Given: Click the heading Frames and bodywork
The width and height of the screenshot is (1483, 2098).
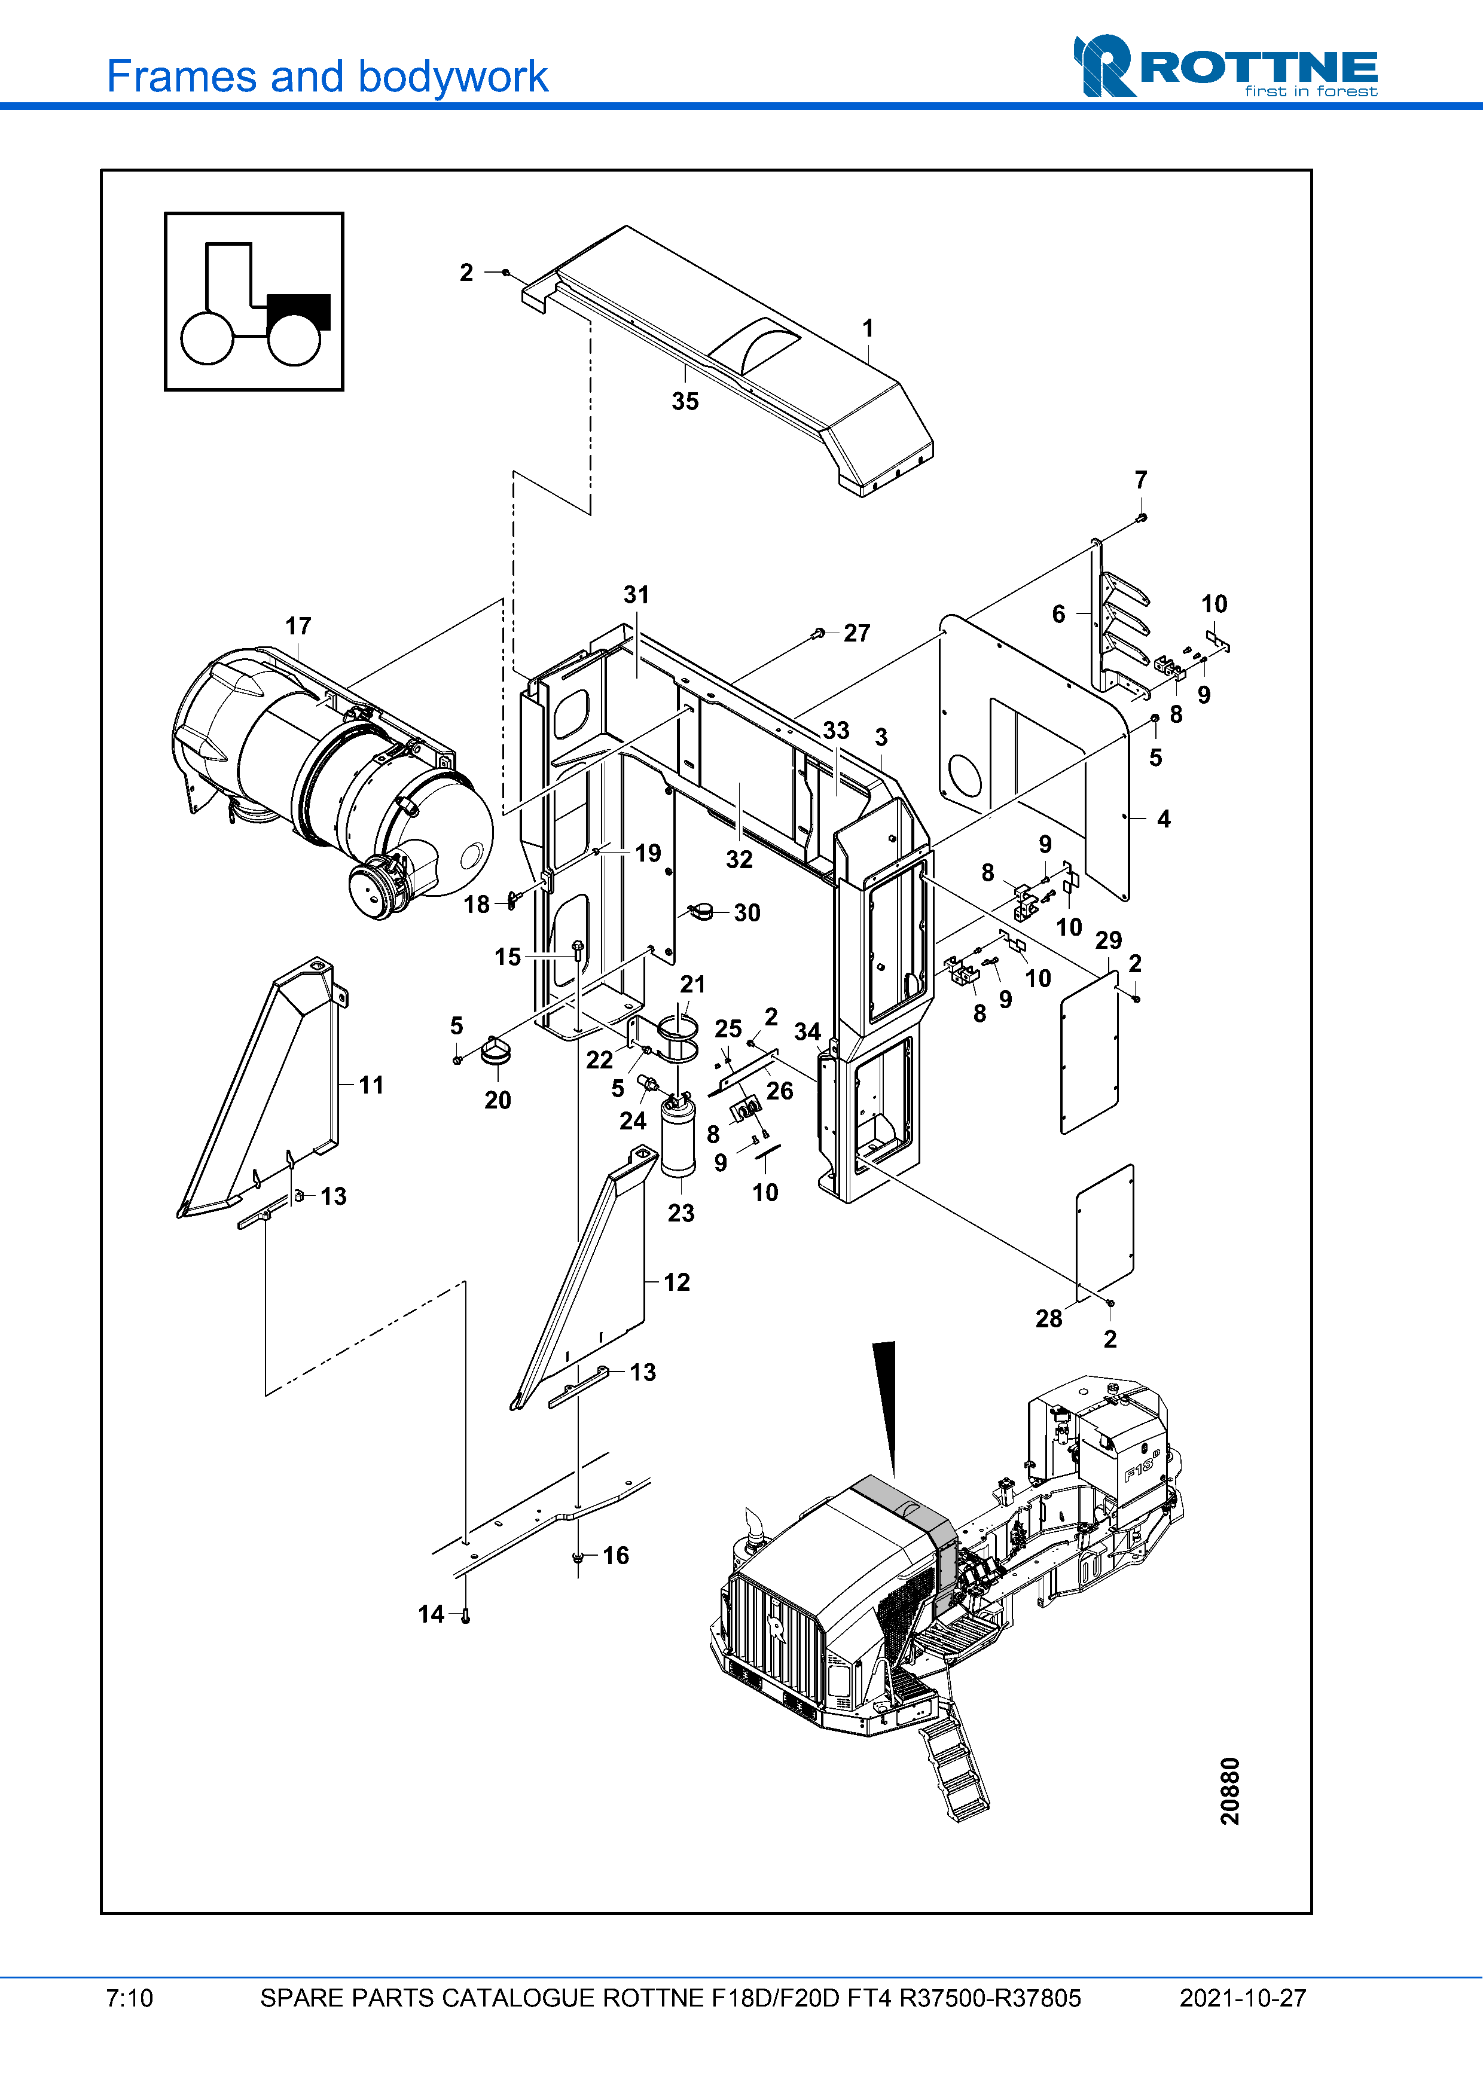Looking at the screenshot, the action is pyautogui.click(x=327, y=77).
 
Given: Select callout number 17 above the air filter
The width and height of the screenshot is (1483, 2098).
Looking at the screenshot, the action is pyautogui.click(x=298, y=626).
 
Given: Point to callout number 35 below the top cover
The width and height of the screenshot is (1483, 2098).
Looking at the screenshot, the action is pyautogui.click(x=685, y=401).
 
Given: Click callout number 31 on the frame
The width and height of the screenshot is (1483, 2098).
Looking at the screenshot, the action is pyautogui.click(x=636, y=595).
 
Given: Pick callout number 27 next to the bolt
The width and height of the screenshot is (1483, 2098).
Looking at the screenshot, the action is pyautogui.click(x=856, y=633).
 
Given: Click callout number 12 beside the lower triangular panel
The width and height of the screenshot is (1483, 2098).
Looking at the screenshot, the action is pyautogui.click(x=676, y=1282).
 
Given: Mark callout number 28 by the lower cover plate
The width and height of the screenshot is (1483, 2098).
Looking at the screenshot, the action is pyautogui.click(x=1049, y=1318).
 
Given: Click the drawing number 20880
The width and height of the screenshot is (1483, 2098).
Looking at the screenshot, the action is pyautogui.click(x=1230, y=1791).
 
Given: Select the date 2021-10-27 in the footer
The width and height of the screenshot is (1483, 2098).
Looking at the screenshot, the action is pyautogui.click(x=1243, y=1998).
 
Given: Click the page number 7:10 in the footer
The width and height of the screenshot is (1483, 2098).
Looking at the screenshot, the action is pyautogui.click(x=130, y=1998).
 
